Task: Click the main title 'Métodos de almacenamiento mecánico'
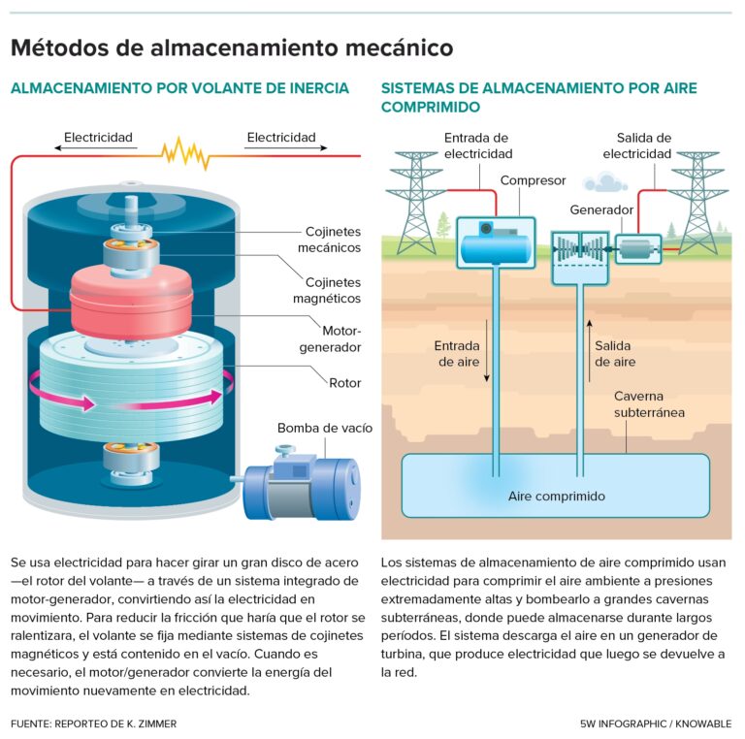(232, 48)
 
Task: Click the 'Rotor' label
(345, 383)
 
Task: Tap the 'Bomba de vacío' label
(325, 428)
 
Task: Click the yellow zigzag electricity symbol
(184, 153)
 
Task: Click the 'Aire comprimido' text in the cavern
(557, 497)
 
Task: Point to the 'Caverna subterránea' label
(650, 404)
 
